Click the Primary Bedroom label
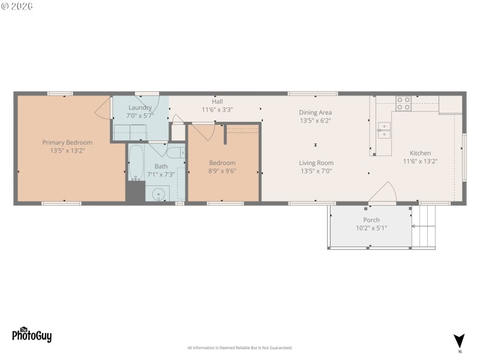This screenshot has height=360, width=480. [67, 142]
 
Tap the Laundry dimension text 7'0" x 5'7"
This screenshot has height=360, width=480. [139, 115]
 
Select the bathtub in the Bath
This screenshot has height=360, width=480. [136, 162]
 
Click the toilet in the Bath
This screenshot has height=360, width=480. [175, 152]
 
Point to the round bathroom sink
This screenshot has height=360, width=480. [159, 193]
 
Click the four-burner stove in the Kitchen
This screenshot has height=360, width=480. [404, 104]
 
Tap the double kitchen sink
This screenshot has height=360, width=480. [383, 130]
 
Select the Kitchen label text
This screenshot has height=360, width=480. [420, 153]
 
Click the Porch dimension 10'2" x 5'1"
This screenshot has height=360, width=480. [371, 228]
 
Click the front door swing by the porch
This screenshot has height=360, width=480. [383, 193]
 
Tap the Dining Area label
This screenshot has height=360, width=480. [316, 112]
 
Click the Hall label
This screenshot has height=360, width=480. [217, 101]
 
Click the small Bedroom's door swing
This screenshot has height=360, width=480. [204, 131]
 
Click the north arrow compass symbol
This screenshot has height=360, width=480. [459, 341]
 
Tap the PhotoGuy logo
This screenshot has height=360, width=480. [32, 335]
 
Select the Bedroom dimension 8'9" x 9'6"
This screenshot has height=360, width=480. [222, 170]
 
